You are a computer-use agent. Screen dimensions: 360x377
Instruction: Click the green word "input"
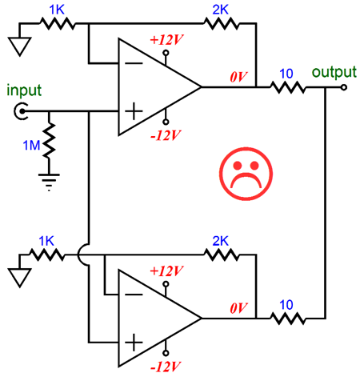(x=24, y=90)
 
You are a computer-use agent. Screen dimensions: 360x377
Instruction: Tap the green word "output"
(x=334, y=72)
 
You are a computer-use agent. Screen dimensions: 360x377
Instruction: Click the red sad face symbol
(x=246, y=174)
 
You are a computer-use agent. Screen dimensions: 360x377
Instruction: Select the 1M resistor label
(x=31, y=146)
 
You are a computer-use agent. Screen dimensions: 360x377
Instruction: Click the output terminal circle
(x=344, y=87)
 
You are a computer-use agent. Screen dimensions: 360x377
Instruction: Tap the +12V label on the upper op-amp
(x=166, y=40)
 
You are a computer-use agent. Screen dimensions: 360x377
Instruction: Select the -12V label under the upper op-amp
(x=166, y=135)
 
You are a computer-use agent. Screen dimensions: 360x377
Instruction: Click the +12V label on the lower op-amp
(x=166, y=271)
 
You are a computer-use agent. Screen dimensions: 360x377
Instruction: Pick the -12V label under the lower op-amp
(x=166, y=367)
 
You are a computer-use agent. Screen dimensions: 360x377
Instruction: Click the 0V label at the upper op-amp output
(x=238, y=77)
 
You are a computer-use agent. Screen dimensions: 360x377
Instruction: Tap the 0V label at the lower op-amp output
(x=238, y=308)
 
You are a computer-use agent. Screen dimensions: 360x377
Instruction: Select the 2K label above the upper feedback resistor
(x=221, y=10)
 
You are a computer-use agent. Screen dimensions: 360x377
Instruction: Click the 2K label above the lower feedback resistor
(x=221, y=241)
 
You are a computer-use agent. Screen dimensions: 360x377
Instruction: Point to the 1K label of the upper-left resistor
(x=57, y=10)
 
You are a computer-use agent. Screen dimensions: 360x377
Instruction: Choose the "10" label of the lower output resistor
(x=286, y=305)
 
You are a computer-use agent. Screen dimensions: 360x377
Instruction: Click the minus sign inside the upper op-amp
(x=134, y=63)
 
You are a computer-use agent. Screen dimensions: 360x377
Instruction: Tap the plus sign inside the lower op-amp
(x=134, y=343)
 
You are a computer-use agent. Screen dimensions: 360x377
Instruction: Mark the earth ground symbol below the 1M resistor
(x=49, y=182)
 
